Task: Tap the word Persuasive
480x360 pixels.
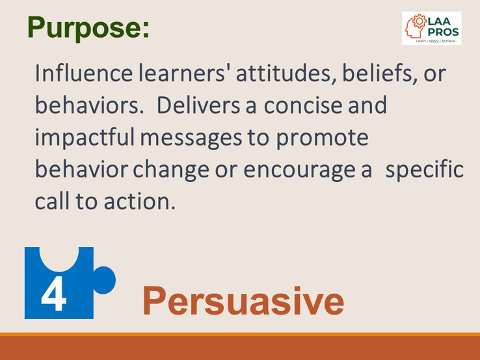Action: [x=243, y=302]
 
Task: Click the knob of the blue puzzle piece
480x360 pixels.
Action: [x=104, y=280]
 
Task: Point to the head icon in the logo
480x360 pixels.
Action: [x=414, y=27]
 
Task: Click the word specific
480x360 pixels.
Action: [x=425, y=170]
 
